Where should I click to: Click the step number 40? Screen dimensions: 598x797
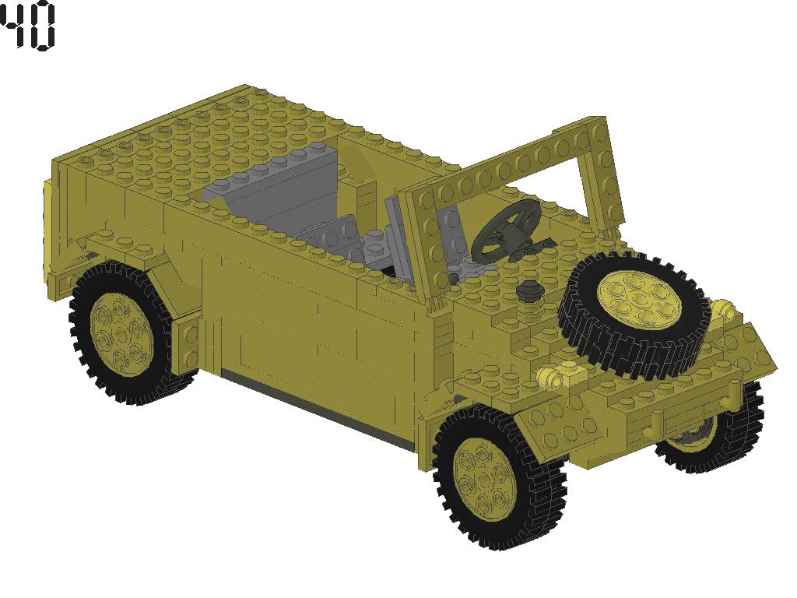tap(28, 26)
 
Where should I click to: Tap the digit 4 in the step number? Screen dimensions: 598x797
tap(13, 26)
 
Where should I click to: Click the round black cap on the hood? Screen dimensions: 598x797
tap(529, 290)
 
